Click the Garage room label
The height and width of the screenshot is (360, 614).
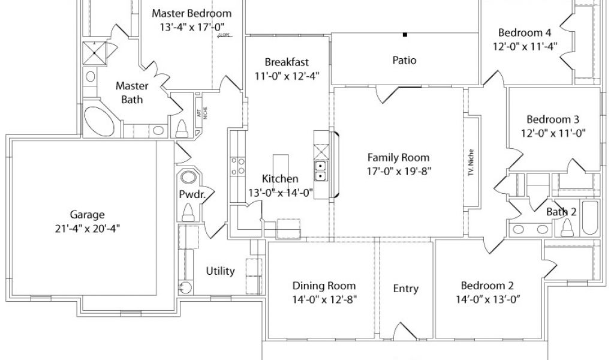pos(88,214)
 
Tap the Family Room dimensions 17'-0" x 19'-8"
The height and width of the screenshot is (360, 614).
pos(398,170)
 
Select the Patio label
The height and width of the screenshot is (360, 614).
pos(404,60)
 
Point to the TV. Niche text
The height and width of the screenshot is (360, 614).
pos(471,162)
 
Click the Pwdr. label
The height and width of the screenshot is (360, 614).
pos(189,194)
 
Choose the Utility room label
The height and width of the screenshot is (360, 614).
pos(220,271)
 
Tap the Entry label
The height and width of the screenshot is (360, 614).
pos(405,289)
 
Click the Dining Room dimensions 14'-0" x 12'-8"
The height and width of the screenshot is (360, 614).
pos(324,299)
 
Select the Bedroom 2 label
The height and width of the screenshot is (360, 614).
pos(487,286)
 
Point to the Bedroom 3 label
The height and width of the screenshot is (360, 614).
pos(553,119)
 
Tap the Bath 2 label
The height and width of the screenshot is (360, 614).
pos(561,212)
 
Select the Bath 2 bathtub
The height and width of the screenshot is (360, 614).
pos(590,220)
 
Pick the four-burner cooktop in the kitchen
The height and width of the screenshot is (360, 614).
pos(237,166)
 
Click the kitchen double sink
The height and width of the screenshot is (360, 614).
pos(321,171)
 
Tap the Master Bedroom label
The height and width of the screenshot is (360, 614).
pos(191,13)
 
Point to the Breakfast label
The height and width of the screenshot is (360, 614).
pos(287,62)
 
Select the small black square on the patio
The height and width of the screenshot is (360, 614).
pos(405,35)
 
